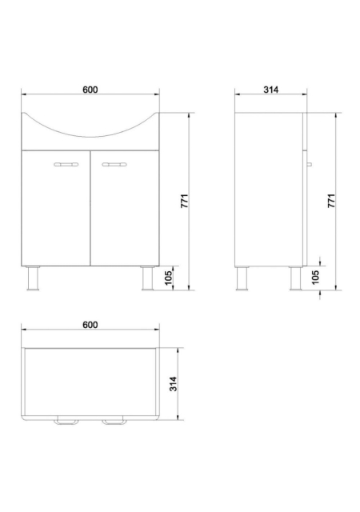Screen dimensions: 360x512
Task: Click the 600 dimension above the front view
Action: [90, 90]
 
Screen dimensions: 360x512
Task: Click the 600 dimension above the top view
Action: [90, 325]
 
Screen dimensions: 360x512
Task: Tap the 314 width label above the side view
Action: [271, 90]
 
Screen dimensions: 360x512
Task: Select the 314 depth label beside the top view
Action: [173, 384]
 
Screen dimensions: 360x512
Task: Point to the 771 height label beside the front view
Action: [185, 201]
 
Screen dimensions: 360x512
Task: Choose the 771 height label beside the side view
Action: [331, 201]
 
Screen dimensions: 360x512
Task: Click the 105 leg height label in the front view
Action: [169, 278]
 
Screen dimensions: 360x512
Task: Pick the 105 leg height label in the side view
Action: [315, 278]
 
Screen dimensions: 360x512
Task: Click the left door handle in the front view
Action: [66, 164]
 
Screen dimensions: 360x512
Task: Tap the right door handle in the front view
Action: [114, 164]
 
